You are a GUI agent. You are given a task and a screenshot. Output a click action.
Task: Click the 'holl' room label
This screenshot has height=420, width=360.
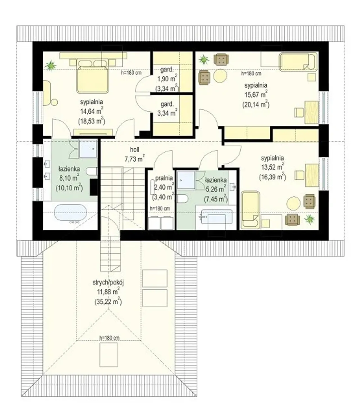(134, 149)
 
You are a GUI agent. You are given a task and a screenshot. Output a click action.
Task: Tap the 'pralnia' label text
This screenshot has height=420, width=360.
(164, 178)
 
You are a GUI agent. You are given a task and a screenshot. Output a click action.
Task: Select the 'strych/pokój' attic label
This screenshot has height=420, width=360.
(108, 282)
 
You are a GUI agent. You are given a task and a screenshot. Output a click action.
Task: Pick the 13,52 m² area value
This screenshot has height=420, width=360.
(273, 167)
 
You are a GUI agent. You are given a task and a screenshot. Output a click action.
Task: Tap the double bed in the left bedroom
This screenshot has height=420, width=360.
(92, 76)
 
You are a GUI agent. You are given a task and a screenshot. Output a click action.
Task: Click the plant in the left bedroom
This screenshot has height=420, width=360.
(50, 65)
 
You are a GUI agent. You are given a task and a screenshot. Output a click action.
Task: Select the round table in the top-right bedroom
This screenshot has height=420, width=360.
(220, 76)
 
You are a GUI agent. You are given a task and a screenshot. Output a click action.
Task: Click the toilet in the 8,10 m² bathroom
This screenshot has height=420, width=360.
(92, 171)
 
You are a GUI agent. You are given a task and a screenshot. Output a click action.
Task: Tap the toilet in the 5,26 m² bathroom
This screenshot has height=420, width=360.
(182, 198)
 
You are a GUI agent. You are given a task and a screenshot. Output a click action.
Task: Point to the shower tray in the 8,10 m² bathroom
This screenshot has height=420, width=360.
(87, 149)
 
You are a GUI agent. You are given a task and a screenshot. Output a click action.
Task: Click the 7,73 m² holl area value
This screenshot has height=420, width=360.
(135, 159)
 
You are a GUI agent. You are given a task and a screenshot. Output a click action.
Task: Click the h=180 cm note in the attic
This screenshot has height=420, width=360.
(109, 338)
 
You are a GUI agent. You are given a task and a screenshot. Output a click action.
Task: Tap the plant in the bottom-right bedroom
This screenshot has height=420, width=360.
(310, 220)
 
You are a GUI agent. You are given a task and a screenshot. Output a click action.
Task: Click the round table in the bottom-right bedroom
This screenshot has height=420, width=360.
(293, 203)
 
